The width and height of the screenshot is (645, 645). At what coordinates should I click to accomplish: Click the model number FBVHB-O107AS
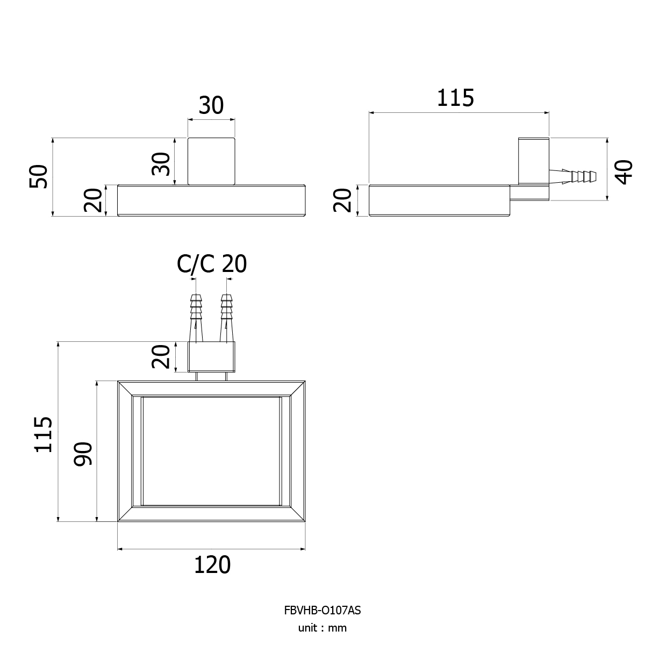(x=322, y=610)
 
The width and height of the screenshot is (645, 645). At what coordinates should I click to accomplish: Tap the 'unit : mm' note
(x=322, y=628)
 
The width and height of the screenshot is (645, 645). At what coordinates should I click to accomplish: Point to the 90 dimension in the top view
(x=82, y=454)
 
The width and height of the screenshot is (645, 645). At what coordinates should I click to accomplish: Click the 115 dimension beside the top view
(x=43, y=434)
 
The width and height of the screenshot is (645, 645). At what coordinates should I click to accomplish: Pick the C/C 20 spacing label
(x=212, y=264)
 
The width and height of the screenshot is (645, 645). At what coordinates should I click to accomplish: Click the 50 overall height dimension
(x=39, y=176)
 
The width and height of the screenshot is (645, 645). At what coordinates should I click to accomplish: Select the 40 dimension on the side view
(x=624, y=173)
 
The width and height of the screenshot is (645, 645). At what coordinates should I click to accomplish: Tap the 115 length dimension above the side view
(x=456, y=98)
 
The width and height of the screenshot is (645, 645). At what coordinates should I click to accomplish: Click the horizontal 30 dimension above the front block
(x=211, y=105)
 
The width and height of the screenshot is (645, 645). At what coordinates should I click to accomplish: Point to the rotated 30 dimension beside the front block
(x=161, y=164)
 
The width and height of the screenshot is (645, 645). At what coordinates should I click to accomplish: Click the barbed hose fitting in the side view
(x=572, y=176)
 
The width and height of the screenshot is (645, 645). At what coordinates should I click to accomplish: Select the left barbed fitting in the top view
(x=196, y=318)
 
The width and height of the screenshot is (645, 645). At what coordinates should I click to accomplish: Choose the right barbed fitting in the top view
(x=227, y=318)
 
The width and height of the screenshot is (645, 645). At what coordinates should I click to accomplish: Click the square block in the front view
(x=211, y=161)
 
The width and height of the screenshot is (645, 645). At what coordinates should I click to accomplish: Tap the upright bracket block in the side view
(x=534, y=161)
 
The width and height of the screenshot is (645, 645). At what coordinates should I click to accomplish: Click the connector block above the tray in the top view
(x=211, y=357)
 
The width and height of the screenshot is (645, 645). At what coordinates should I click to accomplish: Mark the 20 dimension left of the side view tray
(x=342, y=200)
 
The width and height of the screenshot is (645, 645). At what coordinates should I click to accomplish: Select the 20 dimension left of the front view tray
(x=92, y=200)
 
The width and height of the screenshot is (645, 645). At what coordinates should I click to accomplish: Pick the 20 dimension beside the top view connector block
(x=161, y=356)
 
